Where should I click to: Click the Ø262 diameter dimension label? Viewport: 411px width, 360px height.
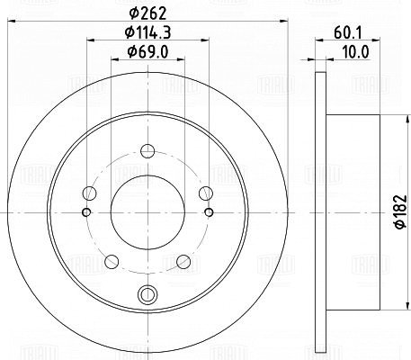click(x=147, y=13)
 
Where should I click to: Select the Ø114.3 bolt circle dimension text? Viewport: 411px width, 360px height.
click(x=147, y=32)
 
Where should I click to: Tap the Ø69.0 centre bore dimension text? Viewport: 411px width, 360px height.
click(x=147, y=52)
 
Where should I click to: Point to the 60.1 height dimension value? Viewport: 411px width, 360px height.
click(x=348, y=32)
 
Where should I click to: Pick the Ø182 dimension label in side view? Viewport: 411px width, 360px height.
click(x=400, y=211)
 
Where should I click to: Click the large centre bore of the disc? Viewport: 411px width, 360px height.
click(x=147, y=212)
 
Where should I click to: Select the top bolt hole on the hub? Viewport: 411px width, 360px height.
click(x=147, y=151)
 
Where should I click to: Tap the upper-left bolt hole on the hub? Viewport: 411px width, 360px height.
click(x=89, y=193)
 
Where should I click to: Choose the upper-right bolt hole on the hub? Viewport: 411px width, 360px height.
click(x=206, y=193)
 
